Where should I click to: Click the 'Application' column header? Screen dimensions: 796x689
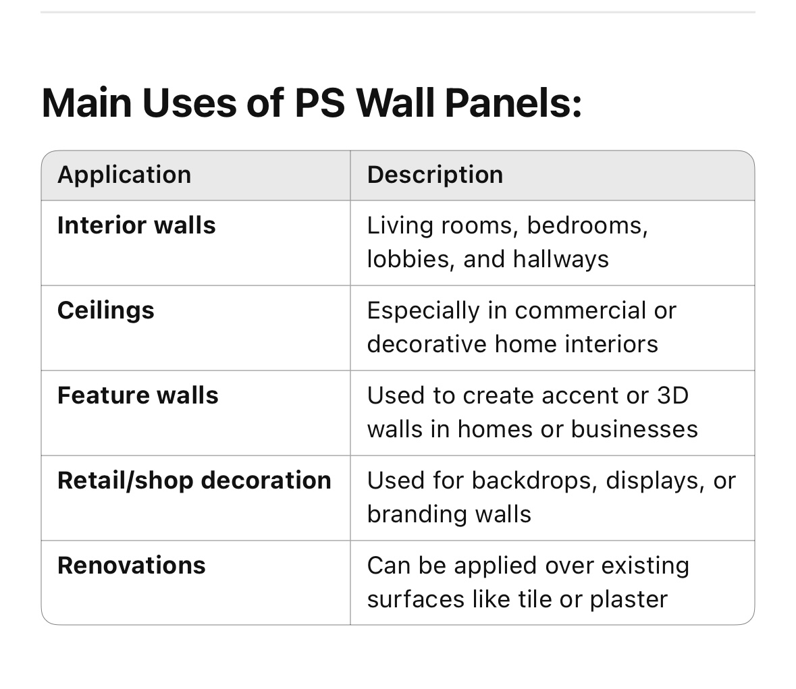click(x=124, y=175)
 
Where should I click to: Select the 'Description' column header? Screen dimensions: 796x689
click(x=435, y=175)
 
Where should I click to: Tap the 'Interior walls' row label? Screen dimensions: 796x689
click(x=136, y=225)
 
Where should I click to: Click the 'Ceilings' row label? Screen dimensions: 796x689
click(x=105, y=310)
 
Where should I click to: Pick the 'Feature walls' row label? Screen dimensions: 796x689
click(x=138, y=395)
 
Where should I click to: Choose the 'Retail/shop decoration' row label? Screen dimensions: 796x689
click(x=194, y=480)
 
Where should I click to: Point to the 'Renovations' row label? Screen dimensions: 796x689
click(x=132, y=566)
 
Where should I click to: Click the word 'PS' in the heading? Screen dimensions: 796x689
click(x=320, y=103)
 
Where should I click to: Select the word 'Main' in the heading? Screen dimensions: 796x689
click(x=87, y=103)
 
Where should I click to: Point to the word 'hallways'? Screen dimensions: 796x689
click(x=560, y=259)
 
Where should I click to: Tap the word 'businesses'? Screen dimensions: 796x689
click(x=635, y=429)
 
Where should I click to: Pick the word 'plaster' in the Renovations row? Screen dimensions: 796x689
click(x=629, y=600)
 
